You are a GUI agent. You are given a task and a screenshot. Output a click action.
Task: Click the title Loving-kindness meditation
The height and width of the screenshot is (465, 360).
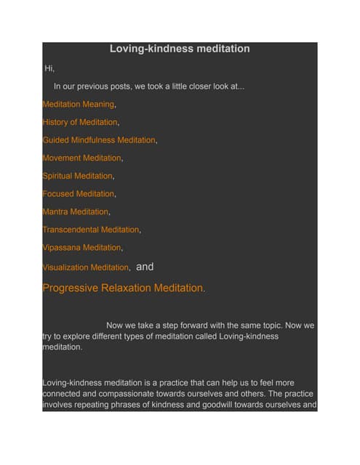[180, 49]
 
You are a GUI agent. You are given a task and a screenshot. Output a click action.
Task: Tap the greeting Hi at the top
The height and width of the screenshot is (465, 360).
[49, 69]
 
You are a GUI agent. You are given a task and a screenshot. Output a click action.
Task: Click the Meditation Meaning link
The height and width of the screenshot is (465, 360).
[79, 105]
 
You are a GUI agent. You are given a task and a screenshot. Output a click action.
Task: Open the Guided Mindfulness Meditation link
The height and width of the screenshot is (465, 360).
[99, 140]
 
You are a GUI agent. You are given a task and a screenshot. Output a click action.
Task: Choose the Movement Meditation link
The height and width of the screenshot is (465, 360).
[81, 158]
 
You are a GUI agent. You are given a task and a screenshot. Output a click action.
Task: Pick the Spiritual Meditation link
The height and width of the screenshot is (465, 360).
[78, 176]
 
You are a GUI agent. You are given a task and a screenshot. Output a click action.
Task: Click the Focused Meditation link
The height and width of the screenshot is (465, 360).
[79, 194]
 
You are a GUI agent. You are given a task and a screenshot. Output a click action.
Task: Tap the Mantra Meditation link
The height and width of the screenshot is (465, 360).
[76, 211]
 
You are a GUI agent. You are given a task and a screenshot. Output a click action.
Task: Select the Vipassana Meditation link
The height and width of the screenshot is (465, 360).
[81, 248]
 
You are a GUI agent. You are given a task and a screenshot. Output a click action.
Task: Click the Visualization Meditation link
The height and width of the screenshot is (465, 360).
[86, 267]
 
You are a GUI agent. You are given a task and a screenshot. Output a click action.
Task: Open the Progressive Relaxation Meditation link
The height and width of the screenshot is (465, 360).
[123, 288]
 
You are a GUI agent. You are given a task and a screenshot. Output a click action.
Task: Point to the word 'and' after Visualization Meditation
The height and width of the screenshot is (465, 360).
[145, 267]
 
